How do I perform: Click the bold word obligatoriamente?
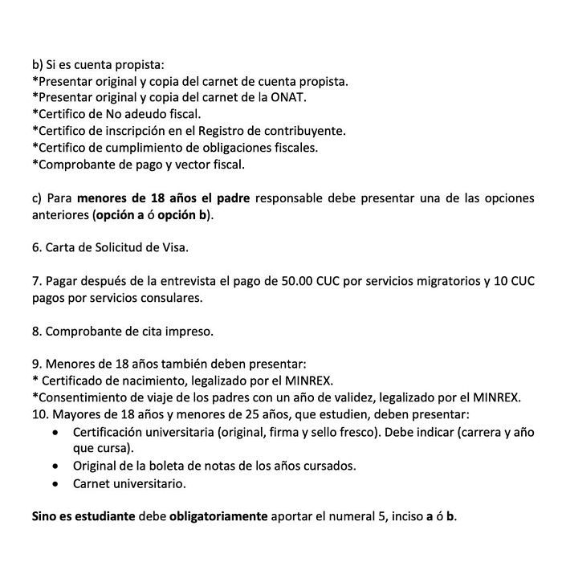click(218, 516)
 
